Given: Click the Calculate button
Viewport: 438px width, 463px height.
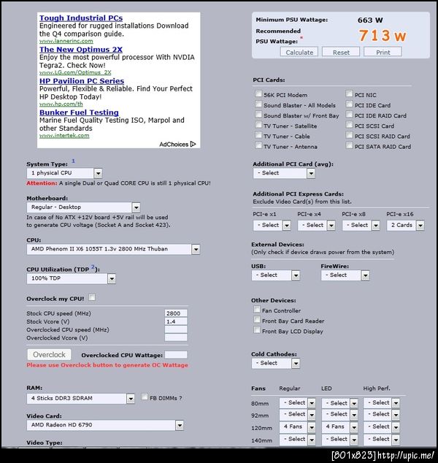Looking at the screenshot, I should [x=299, y=53].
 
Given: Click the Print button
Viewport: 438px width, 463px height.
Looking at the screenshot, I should [x=383, y=53].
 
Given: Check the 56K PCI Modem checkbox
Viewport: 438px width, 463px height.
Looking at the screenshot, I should [x=258, y=95].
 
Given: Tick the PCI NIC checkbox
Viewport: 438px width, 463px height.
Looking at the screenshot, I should [x=350, y=95].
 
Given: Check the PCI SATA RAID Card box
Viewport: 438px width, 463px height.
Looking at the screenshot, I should [x=350, y=146].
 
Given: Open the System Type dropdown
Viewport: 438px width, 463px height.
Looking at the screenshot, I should [x=64, y=173].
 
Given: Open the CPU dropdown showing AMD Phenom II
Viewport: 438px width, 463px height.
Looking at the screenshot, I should [x=113, y=249].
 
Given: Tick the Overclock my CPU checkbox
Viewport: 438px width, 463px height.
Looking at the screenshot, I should [x=92, y=298].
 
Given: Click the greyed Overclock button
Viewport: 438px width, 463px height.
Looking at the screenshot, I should [x=50, y=355].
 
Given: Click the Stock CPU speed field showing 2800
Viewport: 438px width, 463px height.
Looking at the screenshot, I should [x=176, y=313].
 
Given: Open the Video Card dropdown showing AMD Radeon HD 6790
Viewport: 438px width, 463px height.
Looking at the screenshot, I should [x=105, y=424].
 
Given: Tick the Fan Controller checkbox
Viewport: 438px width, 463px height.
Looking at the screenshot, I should [x=257, y=310].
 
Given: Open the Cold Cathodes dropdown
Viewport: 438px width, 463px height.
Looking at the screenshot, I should [x=276, y=363].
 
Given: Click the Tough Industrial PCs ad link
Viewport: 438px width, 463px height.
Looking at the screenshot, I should [x=81, y=18].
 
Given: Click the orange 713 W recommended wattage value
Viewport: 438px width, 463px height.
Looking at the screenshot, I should [x=382, y=36].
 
